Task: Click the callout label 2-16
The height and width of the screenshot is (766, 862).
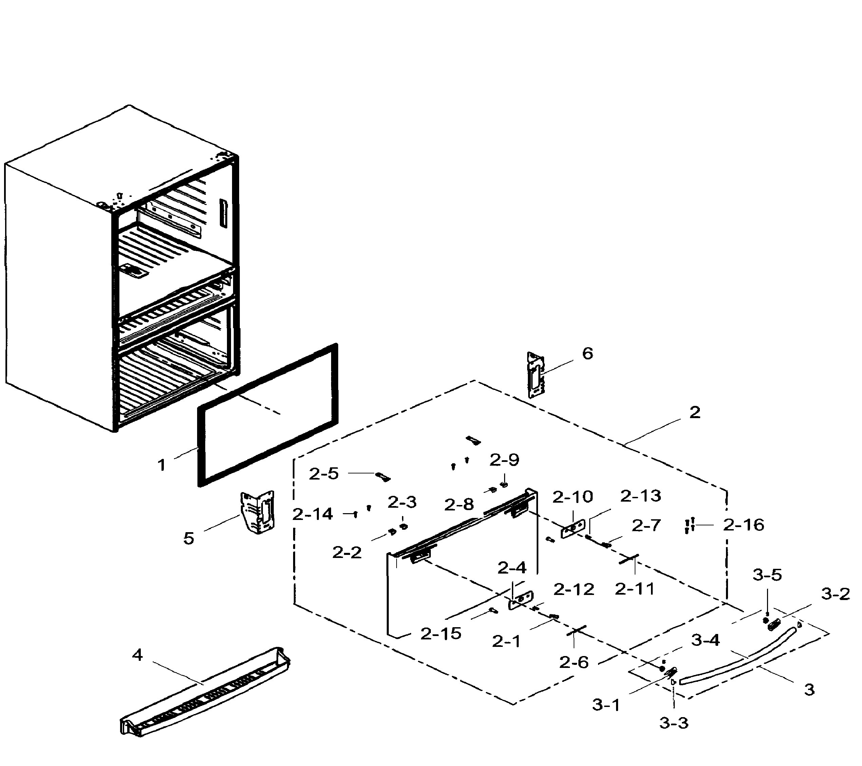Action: (x=744, y=525)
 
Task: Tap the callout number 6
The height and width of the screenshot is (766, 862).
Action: (x=588, y=354)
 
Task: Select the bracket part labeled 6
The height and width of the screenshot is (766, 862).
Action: (x=536, y=375)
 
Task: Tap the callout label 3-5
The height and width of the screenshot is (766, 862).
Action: (x=767, y=575)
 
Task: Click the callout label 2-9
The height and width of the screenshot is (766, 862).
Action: (x=504, y=460)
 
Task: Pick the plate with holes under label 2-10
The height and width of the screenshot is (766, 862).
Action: (x=573, y=528)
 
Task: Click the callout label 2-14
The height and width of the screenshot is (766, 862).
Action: (x=312, y=514)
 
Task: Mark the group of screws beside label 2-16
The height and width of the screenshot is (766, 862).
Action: (x=690, y=526)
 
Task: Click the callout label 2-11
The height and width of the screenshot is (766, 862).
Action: (x=635, y=589)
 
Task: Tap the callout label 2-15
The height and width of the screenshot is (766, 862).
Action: (x=441, y=634)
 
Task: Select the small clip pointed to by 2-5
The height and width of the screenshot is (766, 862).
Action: (x=383, y=477)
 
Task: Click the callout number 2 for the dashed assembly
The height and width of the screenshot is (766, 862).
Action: (x=694, y=412)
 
